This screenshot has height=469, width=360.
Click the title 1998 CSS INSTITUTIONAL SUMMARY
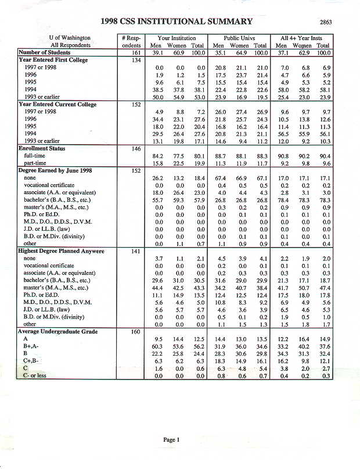[x=176, y=22]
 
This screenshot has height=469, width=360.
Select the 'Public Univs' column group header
[x=239, y=38]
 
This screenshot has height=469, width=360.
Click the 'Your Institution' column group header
[x=175, y=38]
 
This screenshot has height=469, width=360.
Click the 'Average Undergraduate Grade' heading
[x=57, y=332]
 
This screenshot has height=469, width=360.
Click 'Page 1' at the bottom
[x=172, y=440]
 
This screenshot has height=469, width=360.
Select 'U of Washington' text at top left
[x=70, y=38]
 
